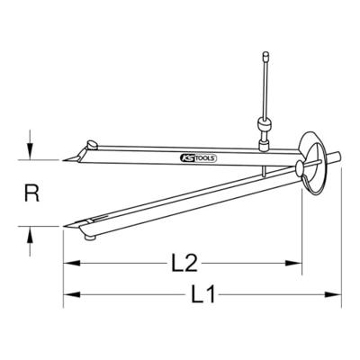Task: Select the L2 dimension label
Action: (x=183, y=264)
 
